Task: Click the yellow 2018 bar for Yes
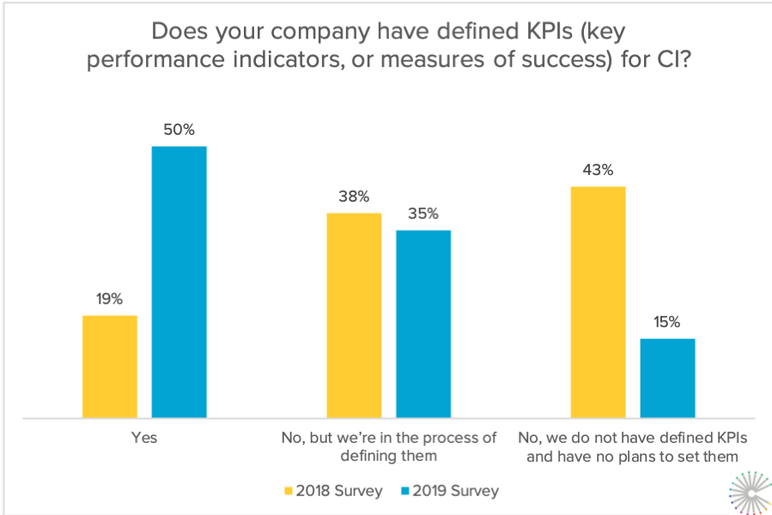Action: click(110, 367)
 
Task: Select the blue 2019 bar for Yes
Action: click(179, 282)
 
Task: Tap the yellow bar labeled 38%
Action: click(354, 315)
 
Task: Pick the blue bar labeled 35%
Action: click(423, 324)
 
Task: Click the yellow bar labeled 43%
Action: click(598, 302)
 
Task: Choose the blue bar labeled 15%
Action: click(667, 378)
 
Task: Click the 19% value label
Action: click(110, 300)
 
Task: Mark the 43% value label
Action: click(598, 170)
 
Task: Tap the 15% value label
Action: click(667, 323)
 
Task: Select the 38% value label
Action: click(354, 197)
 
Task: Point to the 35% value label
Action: click(423, 214)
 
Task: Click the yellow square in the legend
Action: click(289, 492)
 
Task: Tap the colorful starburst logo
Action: click(748, 494)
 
